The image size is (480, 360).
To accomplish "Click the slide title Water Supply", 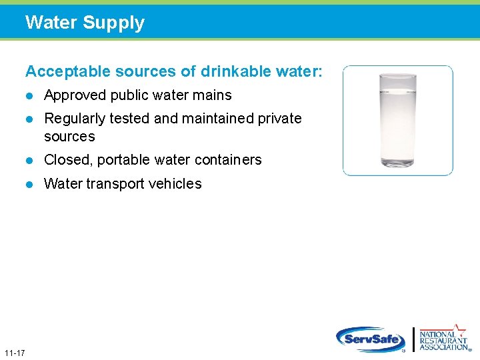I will (85, 23).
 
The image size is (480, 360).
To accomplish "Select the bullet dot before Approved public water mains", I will (29, 95).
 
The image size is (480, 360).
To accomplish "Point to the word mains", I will (213, 95).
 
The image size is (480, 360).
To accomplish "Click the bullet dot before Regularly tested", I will (29, 119).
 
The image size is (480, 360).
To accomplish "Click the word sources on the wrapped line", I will (69, 137).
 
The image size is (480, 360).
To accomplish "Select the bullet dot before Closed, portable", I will (29, 160).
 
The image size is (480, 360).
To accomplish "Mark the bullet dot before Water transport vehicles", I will (29, 184).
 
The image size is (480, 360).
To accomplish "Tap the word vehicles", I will (177, 184).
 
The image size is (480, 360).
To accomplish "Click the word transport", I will (116, 184).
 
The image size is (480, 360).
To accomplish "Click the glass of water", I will (397, 120).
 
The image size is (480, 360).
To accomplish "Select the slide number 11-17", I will (14, 352).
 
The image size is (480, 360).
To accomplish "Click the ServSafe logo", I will (371, 339).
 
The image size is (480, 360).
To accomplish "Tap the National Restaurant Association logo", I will (443, 338).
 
